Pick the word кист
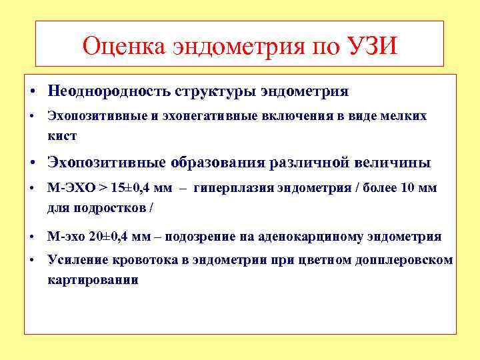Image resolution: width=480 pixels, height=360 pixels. coord(62,136)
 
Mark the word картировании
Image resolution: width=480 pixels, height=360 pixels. coord(93,279)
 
